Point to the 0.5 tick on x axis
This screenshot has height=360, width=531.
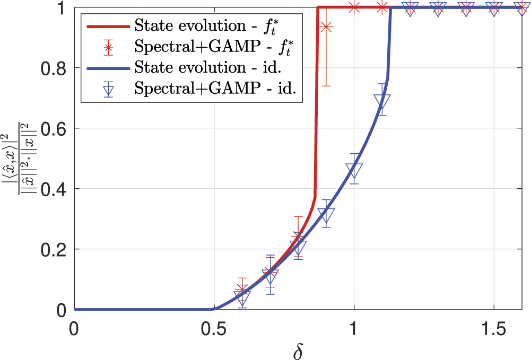click(x=214, y=310)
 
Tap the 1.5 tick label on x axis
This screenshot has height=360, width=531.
click(x=493, y=329)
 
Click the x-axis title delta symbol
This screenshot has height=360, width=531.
click(x=298, y=350)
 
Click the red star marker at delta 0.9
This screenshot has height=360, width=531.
click(x=326, y=27)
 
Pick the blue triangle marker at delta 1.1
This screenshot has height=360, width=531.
click(x=382, y=101)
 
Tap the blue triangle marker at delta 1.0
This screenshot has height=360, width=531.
click(x=354, y=170)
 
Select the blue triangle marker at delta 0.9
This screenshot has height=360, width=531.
click(x=326, y=215)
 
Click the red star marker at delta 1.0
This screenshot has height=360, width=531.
click(x=354, y=7)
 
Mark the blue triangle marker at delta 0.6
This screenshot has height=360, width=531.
click(x=242, y=298)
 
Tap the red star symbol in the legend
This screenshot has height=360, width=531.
click(x=108, y=47)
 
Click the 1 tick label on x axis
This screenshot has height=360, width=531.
click(x=354, y=329)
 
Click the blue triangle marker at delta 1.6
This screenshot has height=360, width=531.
click(x=521, y=8)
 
